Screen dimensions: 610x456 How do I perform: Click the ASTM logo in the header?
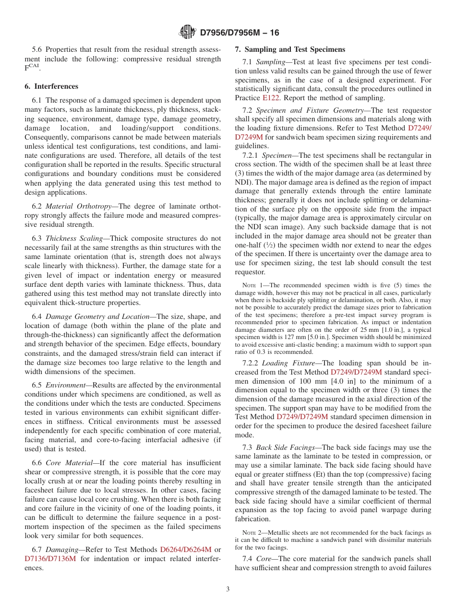pos(187,33)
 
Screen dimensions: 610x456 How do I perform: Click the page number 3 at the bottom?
pos(228,589)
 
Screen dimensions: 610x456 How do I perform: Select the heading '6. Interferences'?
pos(51,86)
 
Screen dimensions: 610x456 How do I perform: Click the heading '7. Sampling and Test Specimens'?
pos(290,49)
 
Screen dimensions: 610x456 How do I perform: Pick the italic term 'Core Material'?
pos(70,463)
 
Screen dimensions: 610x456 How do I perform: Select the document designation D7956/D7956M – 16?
pos(239,33)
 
